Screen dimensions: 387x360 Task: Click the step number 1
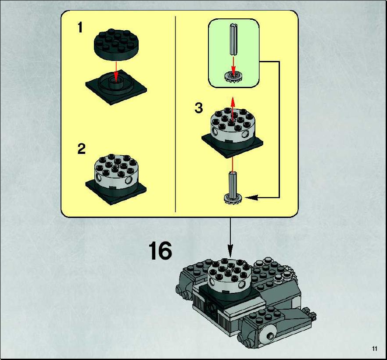pos(80,27)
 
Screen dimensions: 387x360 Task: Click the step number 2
pos(82,149)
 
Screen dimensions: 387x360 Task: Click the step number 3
pos(199,108)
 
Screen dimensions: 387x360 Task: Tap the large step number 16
pos(160,250)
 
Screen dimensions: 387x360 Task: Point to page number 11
pos(375,349)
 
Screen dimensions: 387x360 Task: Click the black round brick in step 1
pos(116,44)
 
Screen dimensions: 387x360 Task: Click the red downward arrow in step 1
pos(116,71)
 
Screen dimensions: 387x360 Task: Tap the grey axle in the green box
pos(233,39)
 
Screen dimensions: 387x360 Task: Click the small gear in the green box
pos(233,76)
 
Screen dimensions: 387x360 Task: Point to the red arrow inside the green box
pos(233,65)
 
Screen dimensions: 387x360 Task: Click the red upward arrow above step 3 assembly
pos(233,109)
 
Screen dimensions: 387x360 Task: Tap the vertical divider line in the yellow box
pos(175,114)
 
